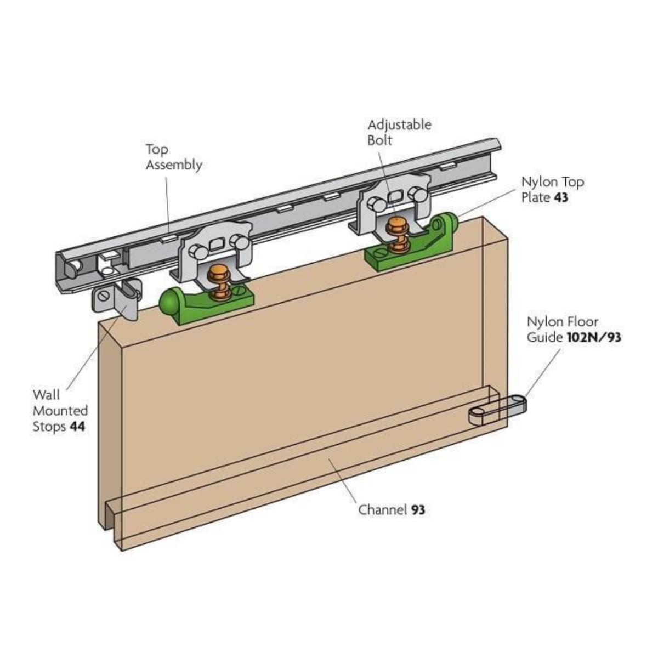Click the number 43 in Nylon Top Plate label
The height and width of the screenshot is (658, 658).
561,197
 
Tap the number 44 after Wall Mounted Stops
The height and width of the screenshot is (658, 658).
77,426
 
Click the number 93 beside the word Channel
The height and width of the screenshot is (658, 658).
418,510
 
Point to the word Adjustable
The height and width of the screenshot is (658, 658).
399,125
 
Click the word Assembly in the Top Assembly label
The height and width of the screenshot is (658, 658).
174,165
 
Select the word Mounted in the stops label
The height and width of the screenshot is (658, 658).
60,410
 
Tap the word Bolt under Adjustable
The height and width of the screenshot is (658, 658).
380,140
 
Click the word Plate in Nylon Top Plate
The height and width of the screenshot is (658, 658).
536,197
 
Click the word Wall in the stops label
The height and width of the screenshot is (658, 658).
46,395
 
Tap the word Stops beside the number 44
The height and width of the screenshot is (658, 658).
49,426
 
